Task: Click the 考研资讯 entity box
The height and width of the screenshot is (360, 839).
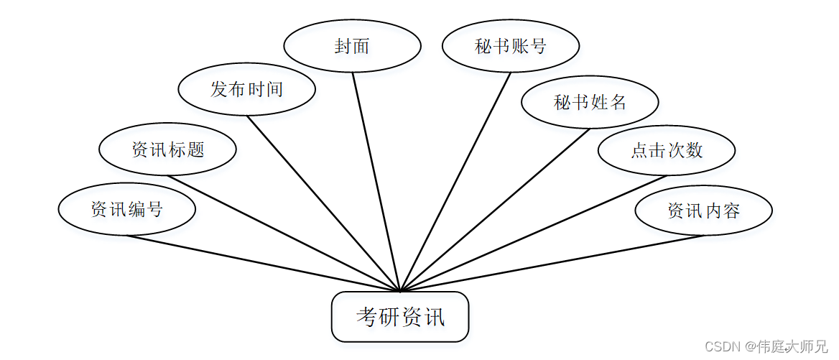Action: (400, 316)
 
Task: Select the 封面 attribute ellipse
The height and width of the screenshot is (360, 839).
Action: (352, 46)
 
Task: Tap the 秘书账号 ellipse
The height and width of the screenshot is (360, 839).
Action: (511, 46)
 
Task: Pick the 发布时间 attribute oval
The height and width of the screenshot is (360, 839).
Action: (246, 89)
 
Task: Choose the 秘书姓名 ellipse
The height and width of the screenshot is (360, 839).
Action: (590, 102)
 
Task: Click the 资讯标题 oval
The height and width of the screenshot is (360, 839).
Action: (167, 149)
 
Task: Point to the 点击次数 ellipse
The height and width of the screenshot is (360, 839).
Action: (667, 149)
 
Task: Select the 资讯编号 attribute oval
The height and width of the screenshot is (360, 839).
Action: (127, 209)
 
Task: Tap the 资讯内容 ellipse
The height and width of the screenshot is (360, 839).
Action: (703, 211)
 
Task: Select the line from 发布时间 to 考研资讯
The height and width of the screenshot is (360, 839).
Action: (323, 203)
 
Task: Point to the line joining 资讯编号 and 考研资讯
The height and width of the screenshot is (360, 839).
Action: (263, 263)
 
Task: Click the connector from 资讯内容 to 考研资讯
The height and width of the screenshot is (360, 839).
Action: (552, 263)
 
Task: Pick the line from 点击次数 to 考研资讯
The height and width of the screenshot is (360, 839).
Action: (533, 234)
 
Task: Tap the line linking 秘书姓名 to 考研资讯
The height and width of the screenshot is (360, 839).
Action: (495, 210)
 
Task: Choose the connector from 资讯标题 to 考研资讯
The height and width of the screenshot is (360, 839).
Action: (284, 234)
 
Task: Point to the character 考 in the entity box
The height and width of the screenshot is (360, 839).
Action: (367, 317)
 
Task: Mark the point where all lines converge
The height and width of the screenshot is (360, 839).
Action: (400, 291)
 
